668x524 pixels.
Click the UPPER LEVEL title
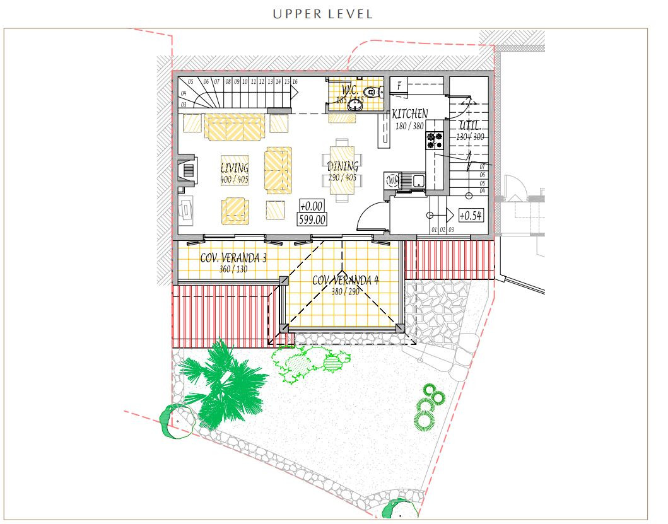(x=322, y=14)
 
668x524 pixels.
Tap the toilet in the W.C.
(x=372, y=92)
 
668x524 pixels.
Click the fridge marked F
(x=399, y=85)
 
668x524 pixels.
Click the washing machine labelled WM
(x=392, y=181)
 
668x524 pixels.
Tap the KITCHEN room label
(x=410, y=114)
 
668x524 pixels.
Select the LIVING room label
(x=234, y=168)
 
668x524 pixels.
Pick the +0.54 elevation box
(x=471, y=216)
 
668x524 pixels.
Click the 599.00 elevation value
(x=312, y=219)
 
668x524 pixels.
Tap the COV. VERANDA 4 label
(x=345, y=280)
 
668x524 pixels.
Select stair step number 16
(x=295, y=82)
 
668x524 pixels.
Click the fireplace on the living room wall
(x=187, y=171)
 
